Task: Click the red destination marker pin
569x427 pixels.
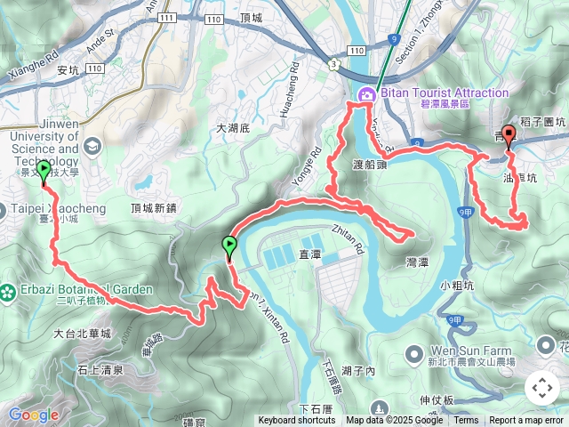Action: tap(509, 136)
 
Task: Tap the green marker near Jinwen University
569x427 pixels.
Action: tap(44, 171)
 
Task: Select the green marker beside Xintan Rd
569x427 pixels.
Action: tap(229, 246)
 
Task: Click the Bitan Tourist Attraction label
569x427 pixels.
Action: tap(445, 93)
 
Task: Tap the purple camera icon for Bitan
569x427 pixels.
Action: tap(365, 95)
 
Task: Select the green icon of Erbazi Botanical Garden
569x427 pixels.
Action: tap(8, 291)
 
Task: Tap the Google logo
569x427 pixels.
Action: tap(33, 415)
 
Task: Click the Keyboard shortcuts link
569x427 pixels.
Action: tap(297, 421)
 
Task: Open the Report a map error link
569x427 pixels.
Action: tap(525, 421)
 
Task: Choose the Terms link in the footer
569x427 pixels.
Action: tap(466, 421)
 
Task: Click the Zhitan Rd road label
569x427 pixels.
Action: tap(349, 239)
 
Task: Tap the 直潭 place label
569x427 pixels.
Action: tap(309, 254)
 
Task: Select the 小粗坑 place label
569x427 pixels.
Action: tap(457, 286)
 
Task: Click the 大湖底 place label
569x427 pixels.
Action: tap(236, 129)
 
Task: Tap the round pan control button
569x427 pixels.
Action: tap(541, 389)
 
